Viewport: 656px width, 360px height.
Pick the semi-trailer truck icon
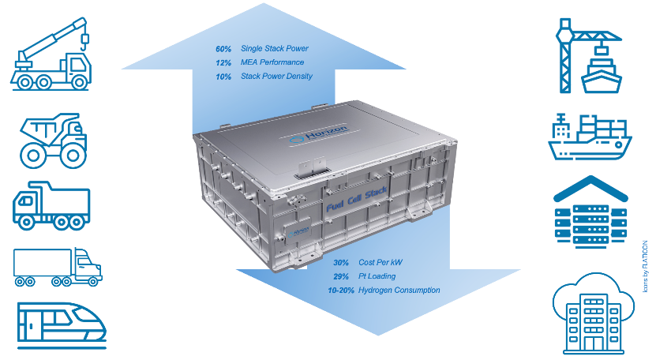(57, 267)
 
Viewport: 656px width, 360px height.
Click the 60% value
(223, 49)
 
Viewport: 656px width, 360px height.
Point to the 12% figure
(223, 63)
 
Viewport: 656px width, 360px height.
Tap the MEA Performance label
(272, 63)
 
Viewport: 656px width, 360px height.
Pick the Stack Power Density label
(276, 77)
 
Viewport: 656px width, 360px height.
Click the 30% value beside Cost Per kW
(341, 262)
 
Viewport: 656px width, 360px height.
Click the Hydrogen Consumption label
(399, 291)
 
